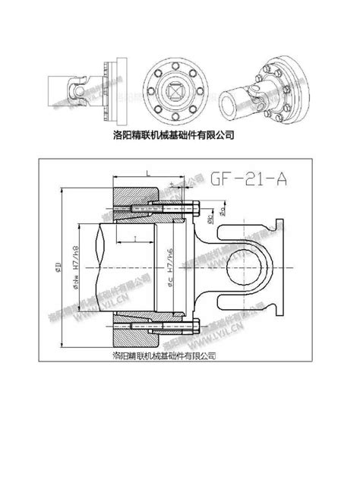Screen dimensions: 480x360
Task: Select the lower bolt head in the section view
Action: (199, 328)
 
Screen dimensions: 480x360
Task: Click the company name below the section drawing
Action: (164, 355)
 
